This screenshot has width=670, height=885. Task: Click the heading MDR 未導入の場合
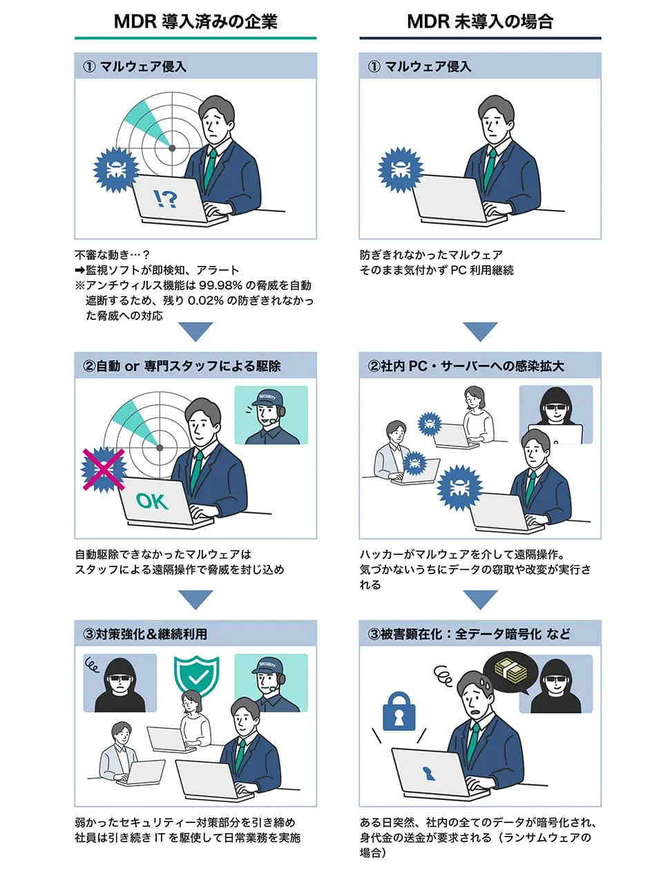(480, 21)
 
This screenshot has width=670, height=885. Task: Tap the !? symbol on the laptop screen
(165, 198)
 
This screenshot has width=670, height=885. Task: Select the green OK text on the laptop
(152, 501)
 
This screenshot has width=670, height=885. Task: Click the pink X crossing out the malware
(104, 469)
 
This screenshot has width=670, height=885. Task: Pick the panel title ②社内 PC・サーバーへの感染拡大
(466, 365)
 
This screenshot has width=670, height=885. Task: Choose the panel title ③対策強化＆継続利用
(145, 634)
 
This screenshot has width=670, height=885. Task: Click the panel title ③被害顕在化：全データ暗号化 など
(469, 634)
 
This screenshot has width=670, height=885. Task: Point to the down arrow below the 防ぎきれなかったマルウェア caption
(480, 332)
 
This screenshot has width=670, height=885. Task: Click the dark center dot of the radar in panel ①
(172, 148)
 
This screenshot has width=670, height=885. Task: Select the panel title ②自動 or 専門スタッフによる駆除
(182, 365)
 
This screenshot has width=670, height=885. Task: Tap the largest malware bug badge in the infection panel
(460, 488)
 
